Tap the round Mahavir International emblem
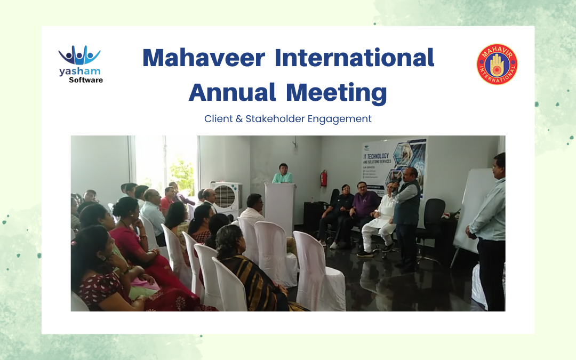pos(497,65)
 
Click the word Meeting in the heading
pos(336,93)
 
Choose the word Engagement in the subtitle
pos(340,119)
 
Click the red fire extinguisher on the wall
pos(324,178)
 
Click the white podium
pos(280,208)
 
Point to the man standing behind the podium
pos(283,174)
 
